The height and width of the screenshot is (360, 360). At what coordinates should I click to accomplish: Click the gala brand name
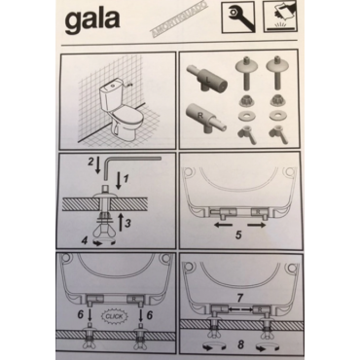(102, 24)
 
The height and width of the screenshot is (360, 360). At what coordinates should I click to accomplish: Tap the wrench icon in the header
(237, 18)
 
